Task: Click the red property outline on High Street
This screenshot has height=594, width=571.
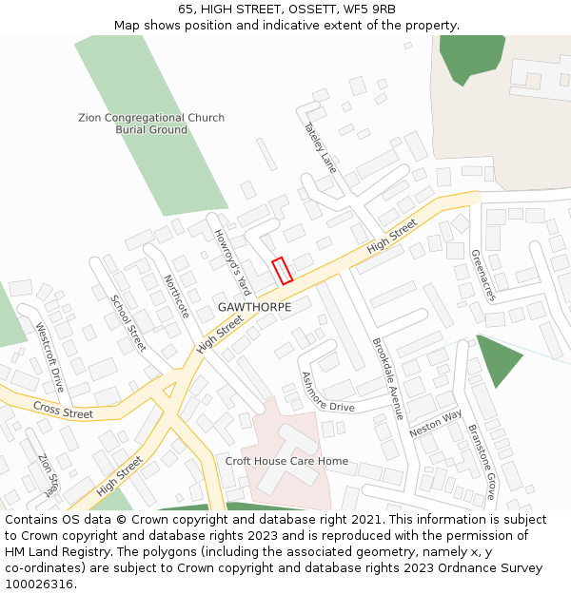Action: tap(282, 271)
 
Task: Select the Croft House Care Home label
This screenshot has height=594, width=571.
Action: tap(286, 461)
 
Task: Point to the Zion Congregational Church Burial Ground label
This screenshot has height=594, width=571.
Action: tap(151, 124)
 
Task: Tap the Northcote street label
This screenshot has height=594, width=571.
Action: tap(176, 297)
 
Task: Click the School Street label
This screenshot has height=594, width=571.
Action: tap(128, 323)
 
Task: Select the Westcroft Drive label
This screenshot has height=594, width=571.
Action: tap(49, 357)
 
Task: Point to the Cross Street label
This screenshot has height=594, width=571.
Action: tap(63, 411)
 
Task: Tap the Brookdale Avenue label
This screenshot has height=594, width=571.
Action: tap(388, 378)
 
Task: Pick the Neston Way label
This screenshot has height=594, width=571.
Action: tap(435, 423)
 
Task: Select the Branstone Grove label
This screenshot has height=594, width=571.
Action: tap(482, 461)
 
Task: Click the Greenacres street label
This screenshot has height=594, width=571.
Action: tap(483, 276)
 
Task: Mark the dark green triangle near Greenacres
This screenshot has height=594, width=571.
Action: tap(497, 358)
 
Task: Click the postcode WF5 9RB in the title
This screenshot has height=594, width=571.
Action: tap(366, 10)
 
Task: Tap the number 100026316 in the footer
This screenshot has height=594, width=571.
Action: tap(39, 584)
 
